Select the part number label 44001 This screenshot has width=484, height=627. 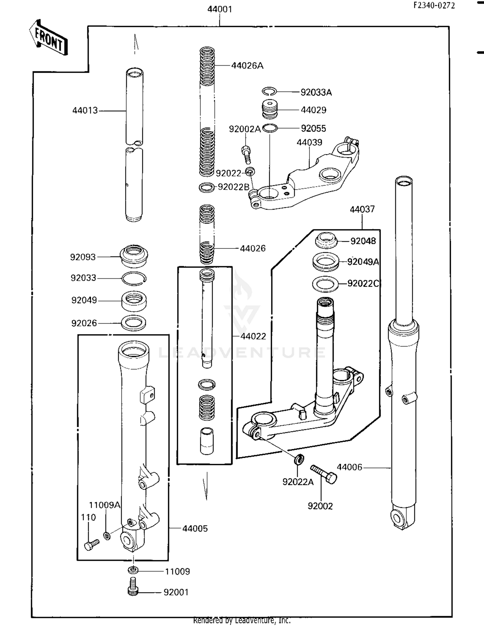219,9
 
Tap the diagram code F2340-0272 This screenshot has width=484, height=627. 434,5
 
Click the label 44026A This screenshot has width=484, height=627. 247,66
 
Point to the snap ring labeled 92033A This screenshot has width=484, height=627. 268,92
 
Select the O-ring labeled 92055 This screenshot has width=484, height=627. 270,128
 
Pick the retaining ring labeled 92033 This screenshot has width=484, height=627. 134,278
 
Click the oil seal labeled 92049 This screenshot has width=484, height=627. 134,300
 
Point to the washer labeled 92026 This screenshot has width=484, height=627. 133,323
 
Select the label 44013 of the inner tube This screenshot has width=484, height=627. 85,110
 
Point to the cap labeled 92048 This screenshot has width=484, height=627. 326,240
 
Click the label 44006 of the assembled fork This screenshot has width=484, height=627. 349,467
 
